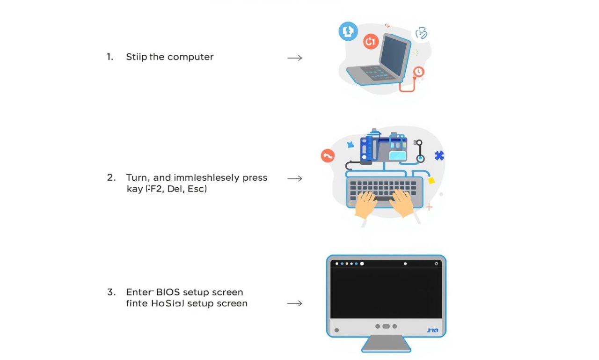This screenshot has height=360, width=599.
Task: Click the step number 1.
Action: [x=110, y=57]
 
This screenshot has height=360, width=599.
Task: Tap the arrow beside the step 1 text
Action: [x=294, y=58]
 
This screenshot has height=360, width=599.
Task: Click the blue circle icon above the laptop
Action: [x=348, y=32]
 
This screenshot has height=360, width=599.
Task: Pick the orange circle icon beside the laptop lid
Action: [x=370, y=42]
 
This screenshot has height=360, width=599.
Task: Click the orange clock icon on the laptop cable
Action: [x=419, y=72]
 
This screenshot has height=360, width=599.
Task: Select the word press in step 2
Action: [x=255, y=178]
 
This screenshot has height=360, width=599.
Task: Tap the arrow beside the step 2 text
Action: [x=294, y=178]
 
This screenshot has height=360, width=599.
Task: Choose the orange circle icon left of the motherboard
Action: [x=328, y=156]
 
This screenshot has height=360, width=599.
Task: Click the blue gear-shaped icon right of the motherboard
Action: [x=439, y=156]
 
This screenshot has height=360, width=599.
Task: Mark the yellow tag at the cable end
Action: [x=431, y=180]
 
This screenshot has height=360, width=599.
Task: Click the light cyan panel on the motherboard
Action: [x=397, y=155]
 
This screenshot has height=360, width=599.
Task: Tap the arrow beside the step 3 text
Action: [x=294, y=303]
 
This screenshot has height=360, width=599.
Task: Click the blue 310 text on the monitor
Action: [x=432, y=330]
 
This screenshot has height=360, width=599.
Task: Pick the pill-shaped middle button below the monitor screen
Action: [x=386, y=326]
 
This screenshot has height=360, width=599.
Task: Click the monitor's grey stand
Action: [x=386, y=344]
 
